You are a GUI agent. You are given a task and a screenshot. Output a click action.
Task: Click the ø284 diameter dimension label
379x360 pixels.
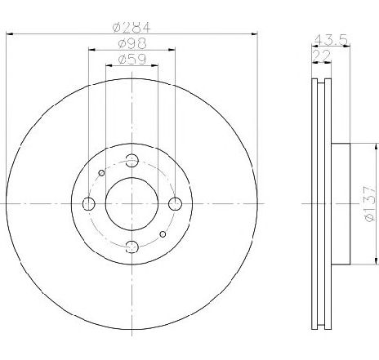pos(132,27)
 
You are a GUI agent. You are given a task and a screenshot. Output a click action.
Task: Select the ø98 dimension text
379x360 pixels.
pos(132,43)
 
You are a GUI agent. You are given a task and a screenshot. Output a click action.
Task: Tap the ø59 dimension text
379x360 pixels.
pos(132,59)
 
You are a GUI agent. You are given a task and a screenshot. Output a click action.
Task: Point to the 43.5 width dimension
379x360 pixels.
pos(331,40)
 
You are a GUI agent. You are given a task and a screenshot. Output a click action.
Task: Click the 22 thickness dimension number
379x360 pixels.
pos(322,56)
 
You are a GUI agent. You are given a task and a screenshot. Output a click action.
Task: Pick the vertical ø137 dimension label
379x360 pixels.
pos(369,204)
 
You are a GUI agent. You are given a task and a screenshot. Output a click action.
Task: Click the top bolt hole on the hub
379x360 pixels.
pos(132,161)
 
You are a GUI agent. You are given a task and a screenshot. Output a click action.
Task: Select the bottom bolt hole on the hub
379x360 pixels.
pos(132,247)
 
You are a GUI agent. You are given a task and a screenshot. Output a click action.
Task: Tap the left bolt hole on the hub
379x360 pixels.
pos(89,204)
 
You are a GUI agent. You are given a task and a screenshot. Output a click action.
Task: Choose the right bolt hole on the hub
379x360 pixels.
pos(175,204)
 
